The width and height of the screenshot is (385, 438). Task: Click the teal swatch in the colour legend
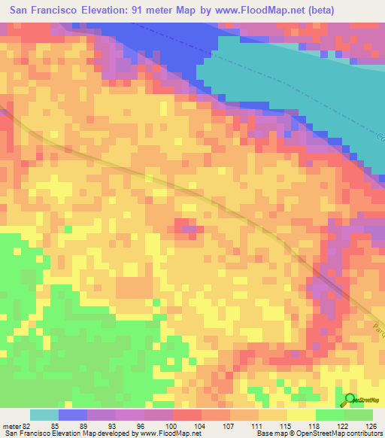coord(44,415)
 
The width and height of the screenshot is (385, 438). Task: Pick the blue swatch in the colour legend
coord(72,415)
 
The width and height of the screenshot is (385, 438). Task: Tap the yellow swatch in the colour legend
coord(272,415)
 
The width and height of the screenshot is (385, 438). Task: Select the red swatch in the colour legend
coord(186,415)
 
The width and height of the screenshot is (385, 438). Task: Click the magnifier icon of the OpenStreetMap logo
coord(350,400)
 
